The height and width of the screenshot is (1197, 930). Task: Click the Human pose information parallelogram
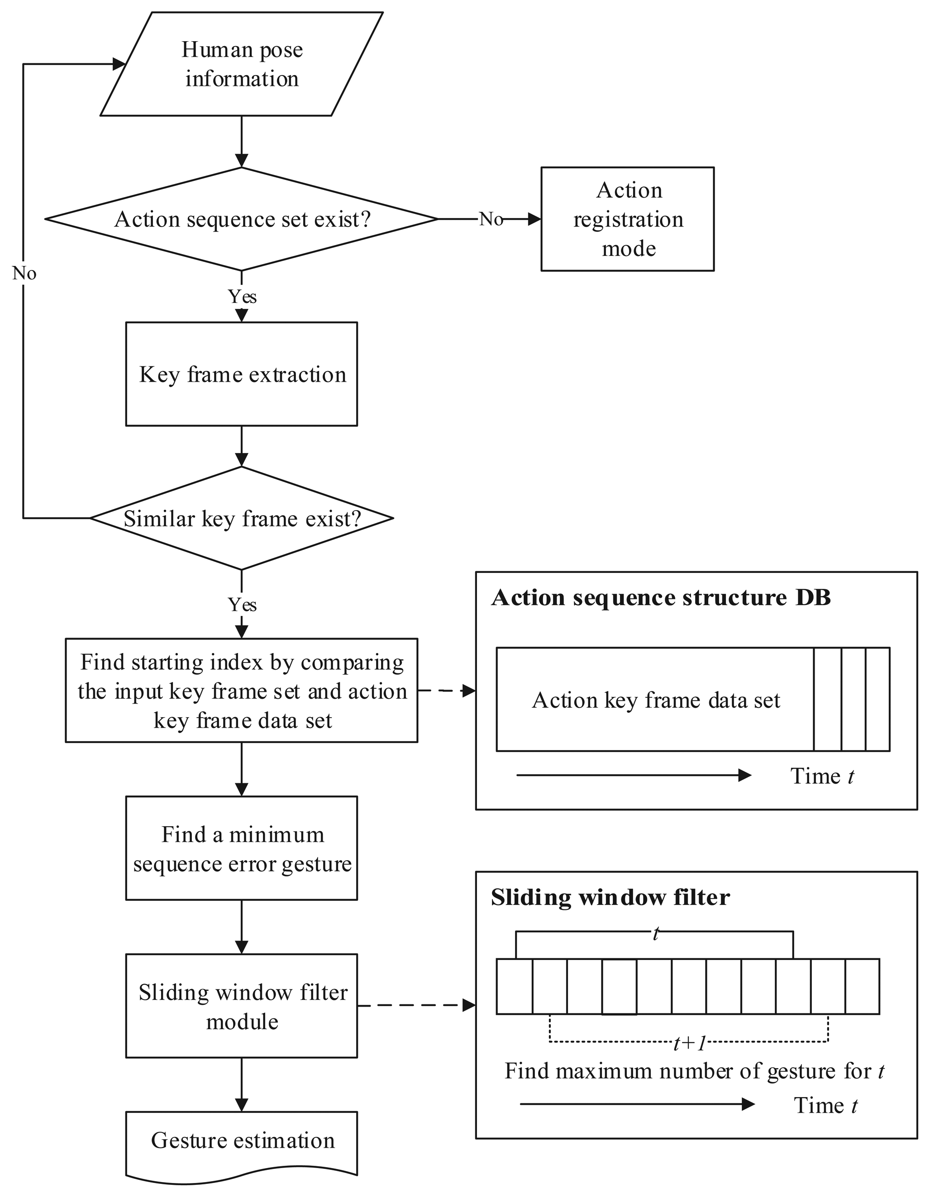pos(241,64)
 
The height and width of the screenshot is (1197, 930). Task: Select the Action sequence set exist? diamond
pos(241,219)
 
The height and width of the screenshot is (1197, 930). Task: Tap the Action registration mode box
pos(627,219)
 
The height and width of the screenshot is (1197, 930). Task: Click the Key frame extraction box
pos(241,374)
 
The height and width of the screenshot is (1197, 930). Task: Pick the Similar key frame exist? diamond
pos(241,518)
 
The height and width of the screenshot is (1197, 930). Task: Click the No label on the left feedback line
pos(24,273)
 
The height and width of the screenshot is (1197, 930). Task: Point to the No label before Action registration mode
pos(490,219)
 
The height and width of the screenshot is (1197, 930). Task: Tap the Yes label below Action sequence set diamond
pos(242,297)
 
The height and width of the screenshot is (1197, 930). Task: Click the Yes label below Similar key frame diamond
pos(242,605)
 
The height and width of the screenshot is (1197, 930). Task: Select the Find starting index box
pos(241,691)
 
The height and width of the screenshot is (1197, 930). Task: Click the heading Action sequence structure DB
pos(660,597)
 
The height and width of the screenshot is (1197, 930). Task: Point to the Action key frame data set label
pos(655,700)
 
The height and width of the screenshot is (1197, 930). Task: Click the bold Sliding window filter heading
pos(610,898)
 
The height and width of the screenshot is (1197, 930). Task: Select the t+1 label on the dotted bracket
pos(689,1044)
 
